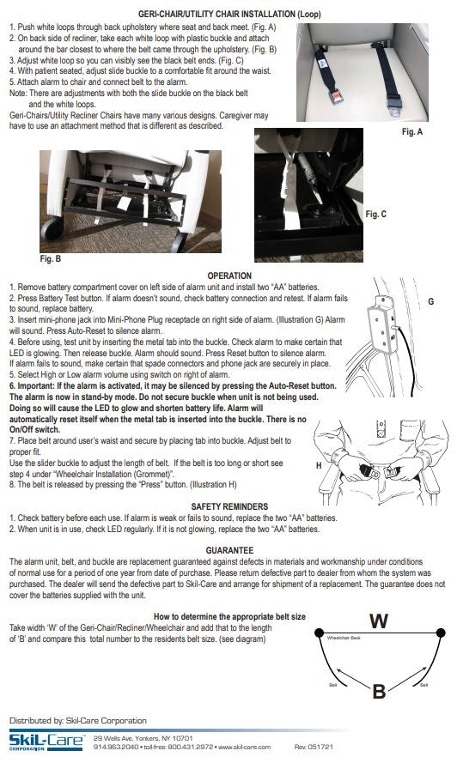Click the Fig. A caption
[x=414, y=133]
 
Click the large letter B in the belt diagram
[x=379, y=692]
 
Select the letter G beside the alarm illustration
[x=430, y=302]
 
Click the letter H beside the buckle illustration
[x=320, y=464]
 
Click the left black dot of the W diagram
[x=319, y=633]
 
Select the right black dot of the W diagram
[x=440, y=633]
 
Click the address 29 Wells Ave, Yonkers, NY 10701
[x=143, y=738]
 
